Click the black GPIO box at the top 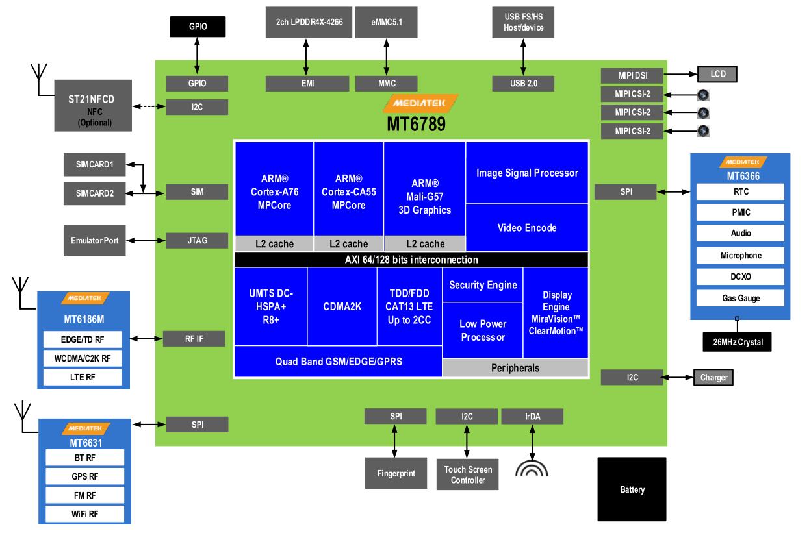pyautogui.click(x=198, y=27)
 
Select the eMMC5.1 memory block pyautogui.click(x=387, y=22)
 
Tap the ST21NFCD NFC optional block pyautogui.click(x=93, y=105)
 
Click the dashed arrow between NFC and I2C pyautogui.click(x=149, y=106)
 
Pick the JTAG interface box pyautogui.click(x=197, y=240)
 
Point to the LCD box pyautogui.click(x=717, y=74)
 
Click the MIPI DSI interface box pyautogui.click(x=632, y=75)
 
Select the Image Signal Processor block pyautogui.click(x=527, y=173)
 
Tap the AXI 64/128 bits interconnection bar pyautogui.click(x=411, y=260)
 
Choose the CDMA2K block pyautogui.click(x=342, y=307)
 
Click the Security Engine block pyautogui.click(x=483, y=285)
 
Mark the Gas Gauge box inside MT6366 pyautogui.click(x=740, y=298)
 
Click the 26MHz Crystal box pyautogui.click(x=737, y=342)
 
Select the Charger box pyautogui.click(x=713, y=377)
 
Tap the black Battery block pyautogui.click(x=632, y=489)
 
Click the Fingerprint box pyautogui.click(x=396, y=473)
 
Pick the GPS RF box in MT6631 pyautogui.click(x=85, y=476)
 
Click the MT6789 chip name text pyautogui.click(x=416, y=124)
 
